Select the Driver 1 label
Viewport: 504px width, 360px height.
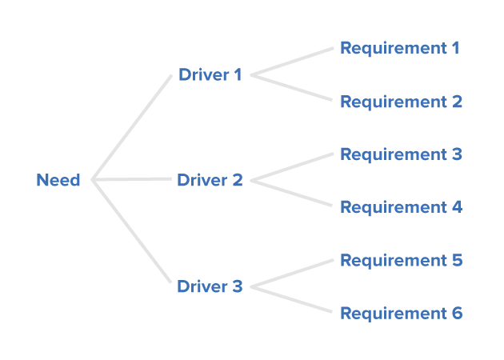click(210, 75)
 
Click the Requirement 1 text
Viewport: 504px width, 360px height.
click(400, 49)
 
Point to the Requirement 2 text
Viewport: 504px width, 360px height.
click(400, 102)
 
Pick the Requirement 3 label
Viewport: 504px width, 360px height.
click(400, 154)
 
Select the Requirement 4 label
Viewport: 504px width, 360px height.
click(400, 207)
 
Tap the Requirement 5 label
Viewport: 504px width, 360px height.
click(400, 260)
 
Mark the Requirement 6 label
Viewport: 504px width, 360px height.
click(400, 312)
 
